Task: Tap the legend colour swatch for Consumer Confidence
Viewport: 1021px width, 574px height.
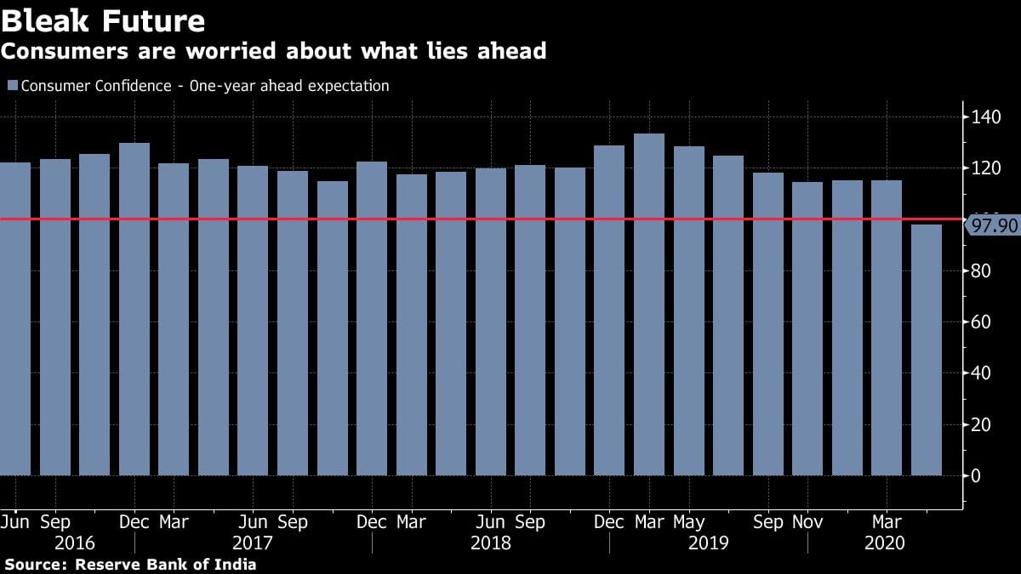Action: [12, 86]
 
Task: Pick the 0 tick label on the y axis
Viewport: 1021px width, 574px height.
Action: [976, 475]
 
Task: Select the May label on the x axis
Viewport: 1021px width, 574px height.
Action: [689, 522]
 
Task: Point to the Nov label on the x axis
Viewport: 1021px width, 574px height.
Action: [807, 522]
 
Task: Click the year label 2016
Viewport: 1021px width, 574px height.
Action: [74, 543]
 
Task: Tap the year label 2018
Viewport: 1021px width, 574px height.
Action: [491, 543]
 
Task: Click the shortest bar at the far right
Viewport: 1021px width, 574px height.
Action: [927, 350]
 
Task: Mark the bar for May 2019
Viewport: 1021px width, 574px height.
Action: [689, 310]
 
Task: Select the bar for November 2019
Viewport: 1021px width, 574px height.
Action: [807, 328]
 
